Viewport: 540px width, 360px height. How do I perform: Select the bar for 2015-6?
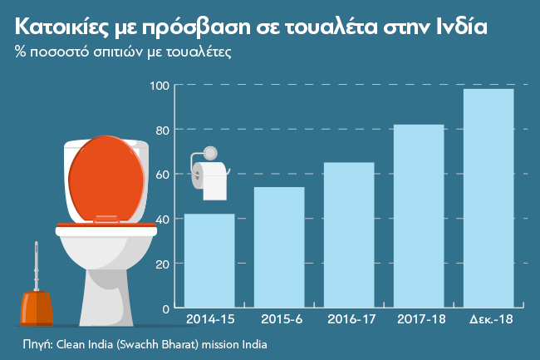click(x=279, y=247)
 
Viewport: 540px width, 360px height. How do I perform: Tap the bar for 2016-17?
click(x=349, y=234)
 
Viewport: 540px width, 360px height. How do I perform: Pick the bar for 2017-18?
click(x=419, y=216)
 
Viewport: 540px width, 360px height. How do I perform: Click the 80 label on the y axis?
click(x=163, y=130)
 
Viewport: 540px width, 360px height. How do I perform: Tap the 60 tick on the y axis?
click(x=163, y=175)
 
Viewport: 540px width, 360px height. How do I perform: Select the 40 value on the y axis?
click(x=163, y=219)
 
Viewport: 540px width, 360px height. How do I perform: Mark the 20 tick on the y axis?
click(x=163, y=264)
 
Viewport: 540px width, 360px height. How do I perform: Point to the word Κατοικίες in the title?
click(x=60, y=27)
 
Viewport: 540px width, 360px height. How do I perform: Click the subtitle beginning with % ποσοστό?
click(x=123, y=52)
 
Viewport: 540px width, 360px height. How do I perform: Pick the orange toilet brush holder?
click(x=37, y=308)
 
